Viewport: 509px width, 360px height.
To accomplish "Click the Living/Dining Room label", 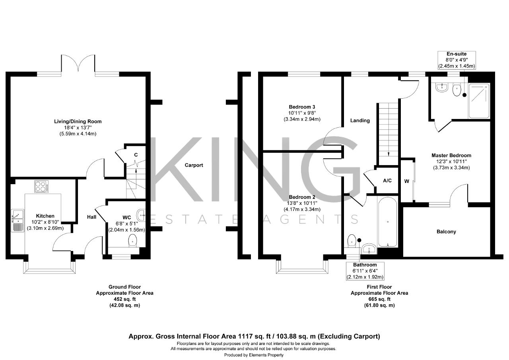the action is coord(78,121).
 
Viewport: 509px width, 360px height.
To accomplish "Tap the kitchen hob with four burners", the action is coord(41,186).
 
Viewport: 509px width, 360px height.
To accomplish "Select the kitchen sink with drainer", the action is coord(17,221).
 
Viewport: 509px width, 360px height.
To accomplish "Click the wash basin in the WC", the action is coord(141,215).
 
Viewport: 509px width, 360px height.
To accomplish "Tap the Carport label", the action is coord(194,165).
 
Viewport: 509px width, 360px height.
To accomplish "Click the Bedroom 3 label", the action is coord(302,107).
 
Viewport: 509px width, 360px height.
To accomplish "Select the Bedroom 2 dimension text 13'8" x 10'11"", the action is coord(302,203).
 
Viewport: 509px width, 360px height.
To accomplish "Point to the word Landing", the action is coord(360,121).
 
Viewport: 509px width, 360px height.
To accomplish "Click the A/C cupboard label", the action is coord(387,181).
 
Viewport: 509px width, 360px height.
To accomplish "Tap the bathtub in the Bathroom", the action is coord(387,222).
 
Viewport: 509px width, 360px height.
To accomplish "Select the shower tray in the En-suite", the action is coord(479,101).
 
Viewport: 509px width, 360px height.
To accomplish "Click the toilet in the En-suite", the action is coord(457,90).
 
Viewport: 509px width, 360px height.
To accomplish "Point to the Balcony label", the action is coord(446,232).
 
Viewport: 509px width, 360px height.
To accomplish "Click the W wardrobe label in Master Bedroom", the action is coord(406,181).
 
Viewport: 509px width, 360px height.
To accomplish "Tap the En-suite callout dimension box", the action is coord(457,60).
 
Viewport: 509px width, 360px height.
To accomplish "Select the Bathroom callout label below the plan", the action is coord(365,265).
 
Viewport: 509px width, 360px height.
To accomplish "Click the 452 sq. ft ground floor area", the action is coord(125,299).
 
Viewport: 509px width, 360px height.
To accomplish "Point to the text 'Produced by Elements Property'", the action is coord(254,355).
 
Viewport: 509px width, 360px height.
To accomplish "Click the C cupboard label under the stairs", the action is coord(136,155).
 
